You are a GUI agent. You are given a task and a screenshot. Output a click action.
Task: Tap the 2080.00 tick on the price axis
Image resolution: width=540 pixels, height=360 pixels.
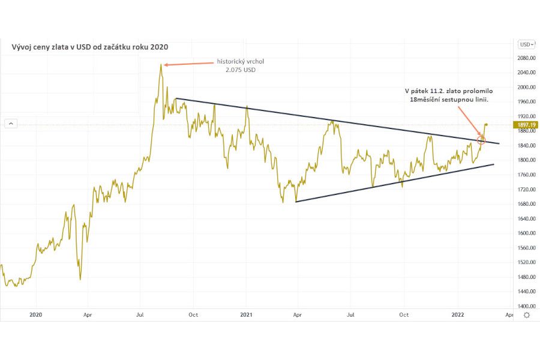coord(526,58)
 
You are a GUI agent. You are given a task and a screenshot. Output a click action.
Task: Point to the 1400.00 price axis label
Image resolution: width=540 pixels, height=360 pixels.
coord(526,307)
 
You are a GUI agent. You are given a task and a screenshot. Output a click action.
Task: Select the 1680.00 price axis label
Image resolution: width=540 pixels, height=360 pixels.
coord(526,204)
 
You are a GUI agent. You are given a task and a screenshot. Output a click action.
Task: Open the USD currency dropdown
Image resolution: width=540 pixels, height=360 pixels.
coord(526,44)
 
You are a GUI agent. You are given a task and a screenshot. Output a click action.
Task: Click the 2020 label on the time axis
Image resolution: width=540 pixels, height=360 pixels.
coord(35,314)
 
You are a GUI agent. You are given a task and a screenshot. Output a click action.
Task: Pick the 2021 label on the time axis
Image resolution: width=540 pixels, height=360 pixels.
coord(247,314)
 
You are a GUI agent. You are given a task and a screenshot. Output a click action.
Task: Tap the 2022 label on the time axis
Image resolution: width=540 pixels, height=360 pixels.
coord(457,314)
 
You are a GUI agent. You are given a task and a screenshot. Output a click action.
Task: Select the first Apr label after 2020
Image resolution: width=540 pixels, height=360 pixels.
coord(88,314)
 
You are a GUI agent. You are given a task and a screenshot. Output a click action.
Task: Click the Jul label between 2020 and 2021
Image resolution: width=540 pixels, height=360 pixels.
coord(140,314)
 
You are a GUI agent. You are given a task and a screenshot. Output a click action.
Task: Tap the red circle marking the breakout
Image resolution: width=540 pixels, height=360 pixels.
coord(481,140)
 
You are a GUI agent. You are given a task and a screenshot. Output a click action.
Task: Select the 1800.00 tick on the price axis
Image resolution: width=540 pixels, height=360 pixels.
coord(526,160)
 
